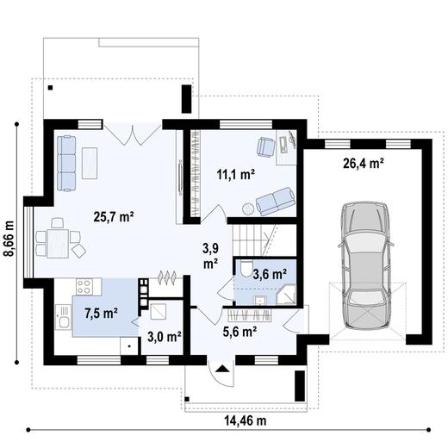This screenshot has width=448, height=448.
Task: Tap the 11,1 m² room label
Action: pyautogui.click(x=235, y=174)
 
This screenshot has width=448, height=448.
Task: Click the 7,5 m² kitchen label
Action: pyautogui.click(x=102, y=312)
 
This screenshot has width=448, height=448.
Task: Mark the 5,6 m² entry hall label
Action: pyautogui.click(x=240, y=330)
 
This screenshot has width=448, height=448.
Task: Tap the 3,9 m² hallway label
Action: pyautogui.click(x=210, y=255)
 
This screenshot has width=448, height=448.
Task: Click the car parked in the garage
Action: pyautogui.click(x=364, y=264)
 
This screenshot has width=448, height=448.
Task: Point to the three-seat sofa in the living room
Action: pyautogui.click(x=66, y=162)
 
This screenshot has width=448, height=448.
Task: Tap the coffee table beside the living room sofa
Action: pyautogui.click(x=90, y=160)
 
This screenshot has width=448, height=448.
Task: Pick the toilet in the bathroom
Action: pyautogui.click(x=246, y=271)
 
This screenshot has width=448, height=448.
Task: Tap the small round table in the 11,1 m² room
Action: pyautogui.click(x=248, y=208)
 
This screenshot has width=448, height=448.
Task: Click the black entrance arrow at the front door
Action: pyautogui.click(x=222, y=367)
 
